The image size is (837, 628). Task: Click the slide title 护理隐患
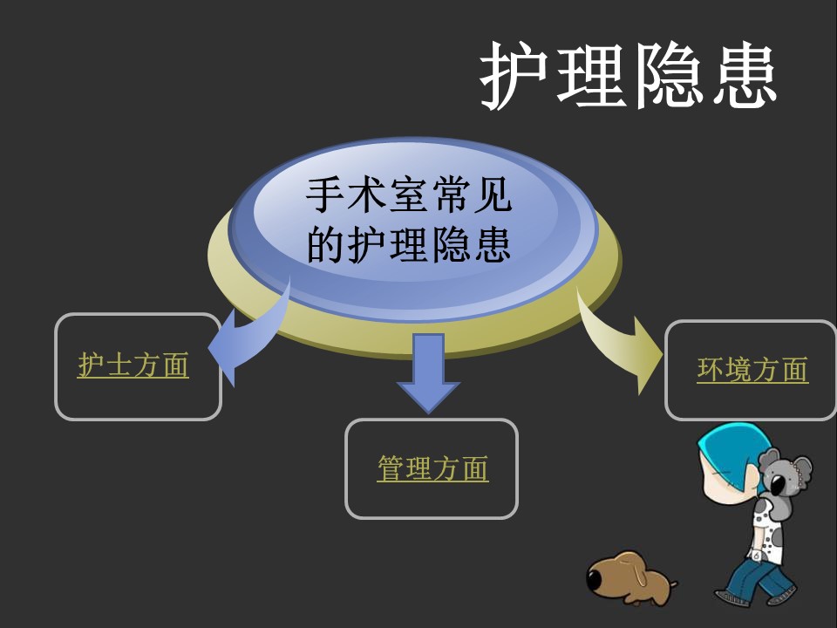point(628,75)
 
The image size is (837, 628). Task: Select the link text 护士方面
point(133,365)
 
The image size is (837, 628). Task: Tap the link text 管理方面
point(432,468)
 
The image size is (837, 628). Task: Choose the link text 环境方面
point(752,370)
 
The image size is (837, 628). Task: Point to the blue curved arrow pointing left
point(251,337)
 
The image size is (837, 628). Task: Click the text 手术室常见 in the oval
point(409,195)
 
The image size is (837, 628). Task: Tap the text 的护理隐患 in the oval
point(409,244)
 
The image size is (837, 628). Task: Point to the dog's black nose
point(594,579)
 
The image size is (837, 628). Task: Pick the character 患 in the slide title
point(745,75)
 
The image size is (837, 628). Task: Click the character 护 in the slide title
point(514,75)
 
